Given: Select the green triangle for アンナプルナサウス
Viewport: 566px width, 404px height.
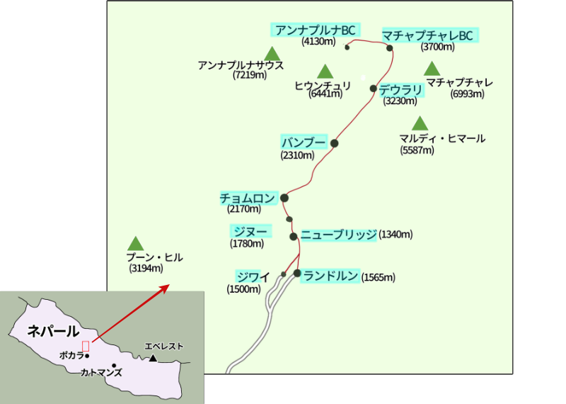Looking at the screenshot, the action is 272,54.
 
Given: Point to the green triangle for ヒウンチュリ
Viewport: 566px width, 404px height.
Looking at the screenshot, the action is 325,72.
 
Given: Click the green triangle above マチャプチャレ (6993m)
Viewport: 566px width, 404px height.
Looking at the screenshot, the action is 432,69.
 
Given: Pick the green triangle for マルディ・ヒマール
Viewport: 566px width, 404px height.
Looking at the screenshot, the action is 420,123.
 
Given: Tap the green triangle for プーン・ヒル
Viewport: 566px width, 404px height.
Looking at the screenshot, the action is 136,244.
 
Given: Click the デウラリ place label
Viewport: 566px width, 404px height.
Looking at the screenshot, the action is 400,89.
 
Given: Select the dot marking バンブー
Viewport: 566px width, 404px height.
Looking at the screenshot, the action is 335,143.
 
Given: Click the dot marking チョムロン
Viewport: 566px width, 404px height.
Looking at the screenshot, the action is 284,198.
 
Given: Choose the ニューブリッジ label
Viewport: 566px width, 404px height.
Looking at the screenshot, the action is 339,235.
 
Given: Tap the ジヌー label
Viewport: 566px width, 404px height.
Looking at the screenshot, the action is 250,231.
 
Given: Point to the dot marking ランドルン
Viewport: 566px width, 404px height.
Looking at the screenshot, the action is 298,273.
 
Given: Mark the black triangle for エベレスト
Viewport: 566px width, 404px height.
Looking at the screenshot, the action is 152,359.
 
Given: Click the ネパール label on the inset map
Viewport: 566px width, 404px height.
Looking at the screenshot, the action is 53,331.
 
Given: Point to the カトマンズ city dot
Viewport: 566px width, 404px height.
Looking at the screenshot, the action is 114,366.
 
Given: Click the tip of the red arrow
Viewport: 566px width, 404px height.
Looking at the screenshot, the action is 168,285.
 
